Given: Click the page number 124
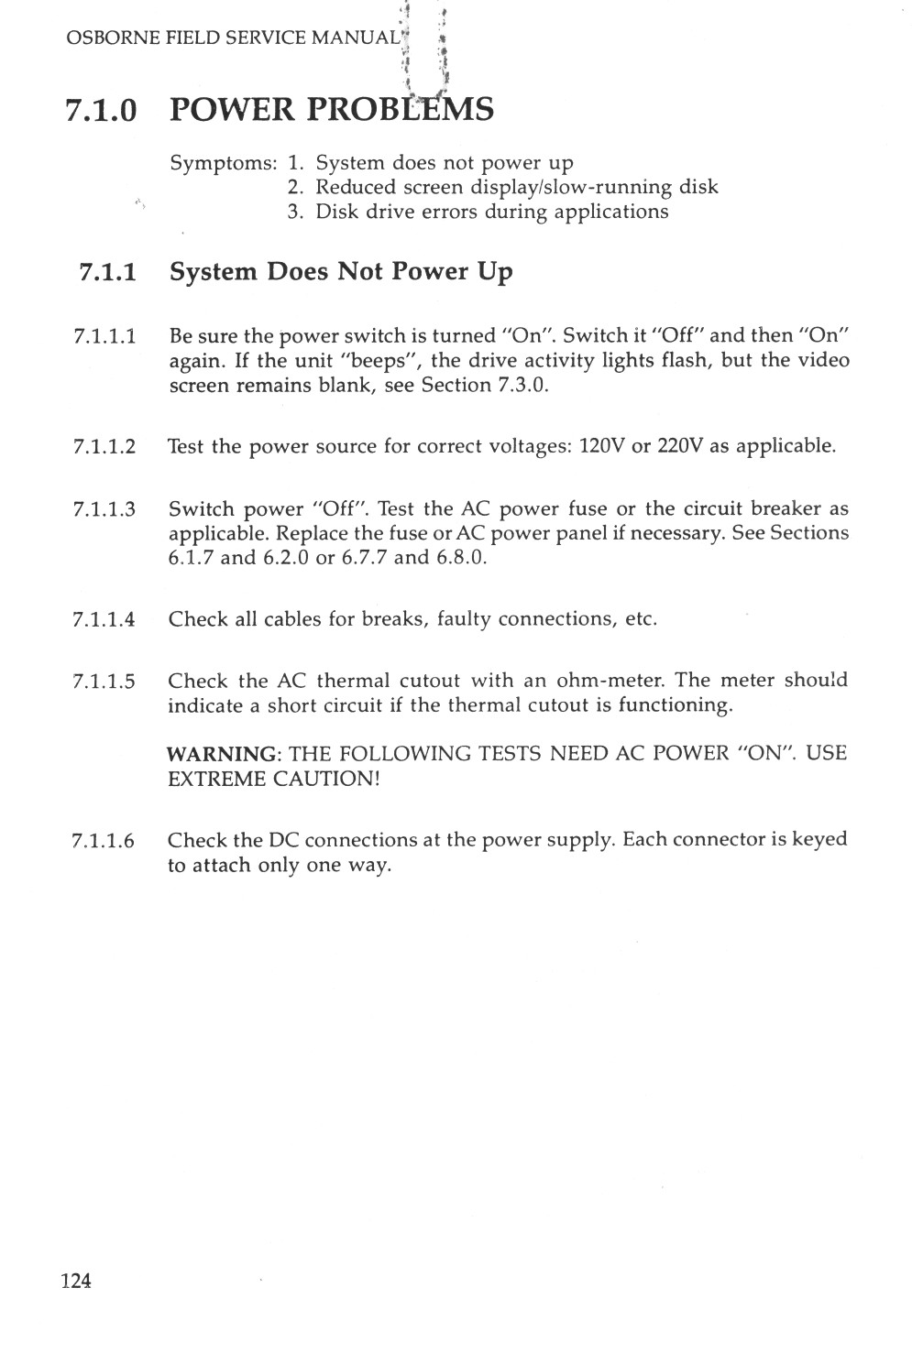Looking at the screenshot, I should (x=76, y=1281).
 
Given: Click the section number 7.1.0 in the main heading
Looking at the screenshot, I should (x=102, y=110).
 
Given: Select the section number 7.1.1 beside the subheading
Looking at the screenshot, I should (x=108, y=272).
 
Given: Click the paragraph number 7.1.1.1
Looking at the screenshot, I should (x=104, y=335).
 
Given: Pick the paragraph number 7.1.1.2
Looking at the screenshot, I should (x=104, y=447).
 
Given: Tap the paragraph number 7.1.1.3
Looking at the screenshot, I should (x=104, y=509).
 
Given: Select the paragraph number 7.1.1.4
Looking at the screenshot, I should (x=104, y=619).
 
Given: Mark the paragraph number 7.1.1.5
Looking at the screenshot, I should (x=104, y=682).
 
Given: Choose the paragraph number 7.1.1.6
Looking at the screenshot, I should (x=104, y=841).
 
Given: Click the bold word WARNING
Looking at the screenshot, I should (x=223, y=754).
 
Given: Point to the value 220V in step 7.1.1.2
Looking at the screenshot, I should (x=679, y=446).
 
